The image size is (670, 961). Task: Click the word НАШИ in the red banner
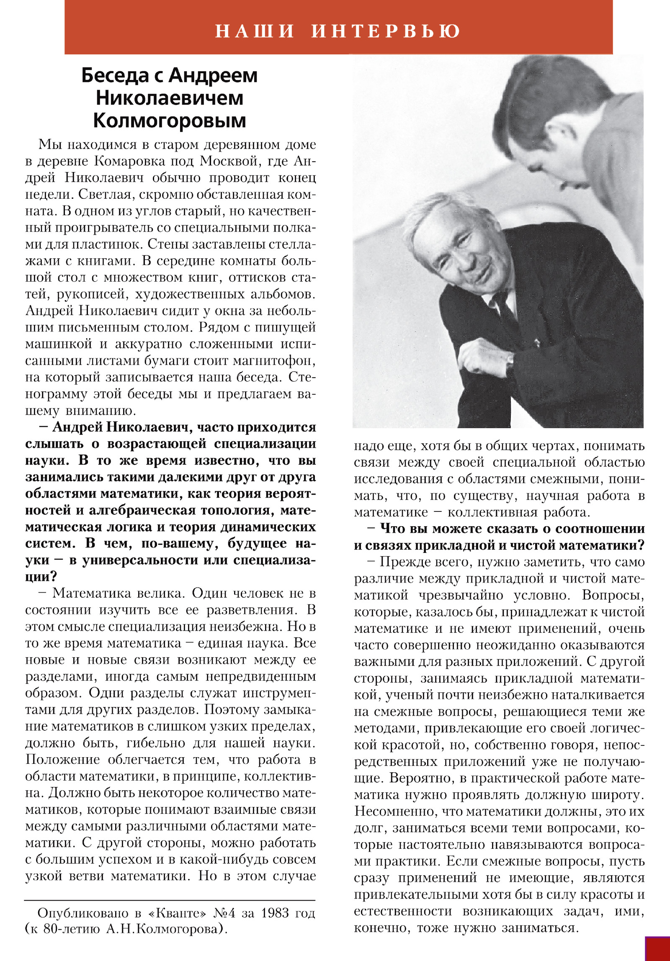(254, 31)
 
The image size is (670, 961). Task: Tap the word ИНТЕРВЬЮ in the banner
(386, 31)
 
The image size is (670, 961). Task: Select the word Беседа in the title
(115, 76)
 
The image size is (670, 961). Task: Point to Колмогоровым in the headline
(169, 121)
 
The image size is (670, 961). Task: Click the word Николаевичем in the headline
(170, 98)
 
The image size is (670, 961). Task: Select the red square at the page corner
(658, 948)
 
